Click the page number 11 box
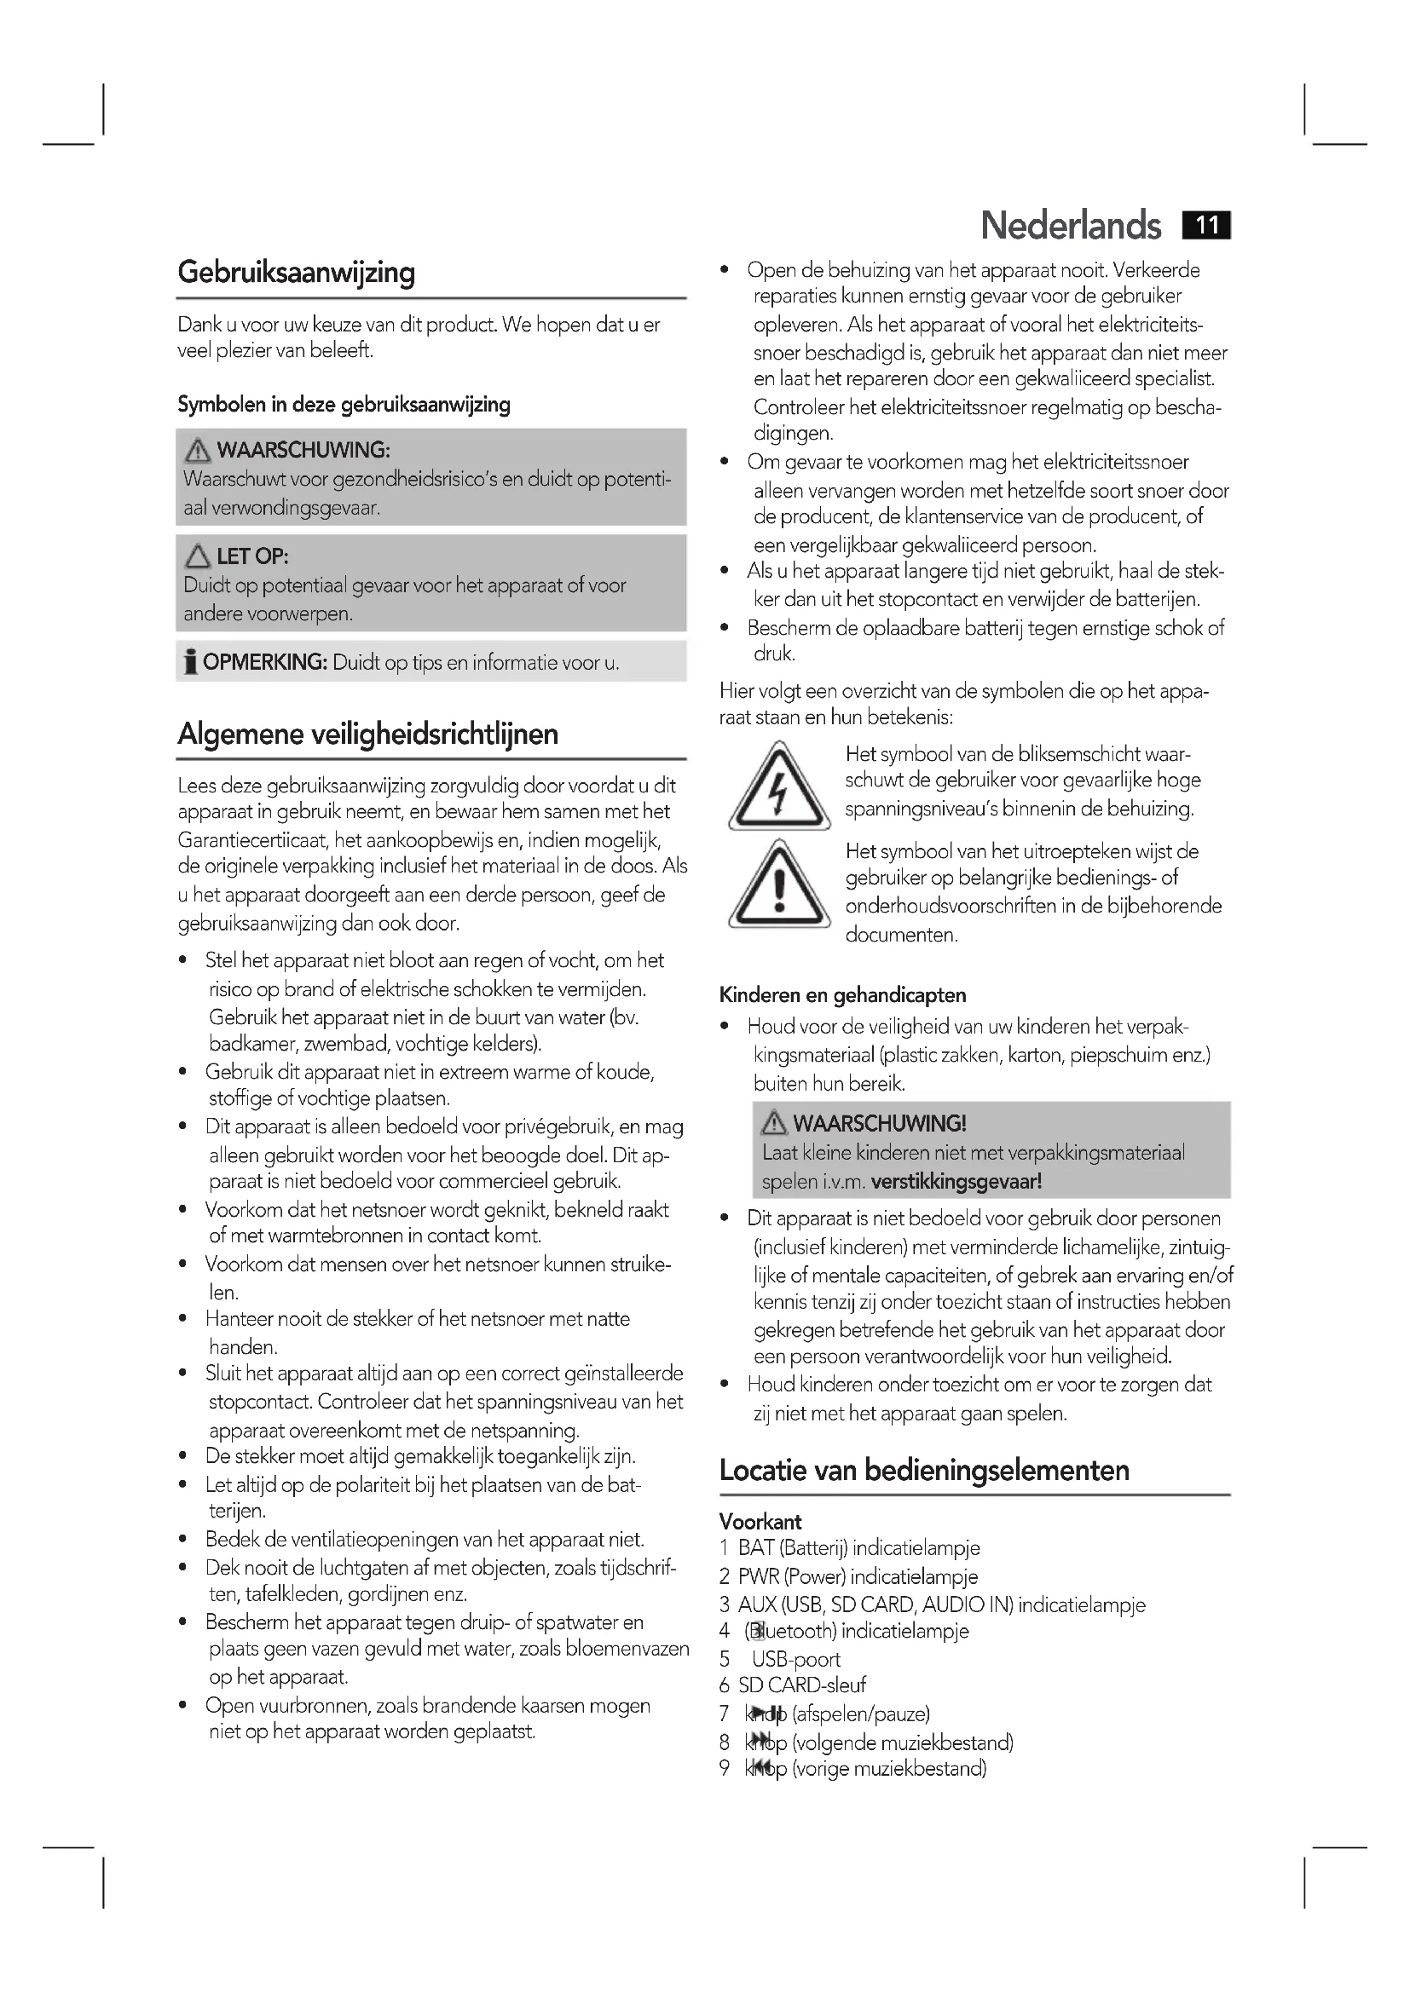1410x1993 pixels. [x=1206, y=226]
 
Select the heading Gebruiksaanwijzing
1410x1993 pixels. [x=296, y=273]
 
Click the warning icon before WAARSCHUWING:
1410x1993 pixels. [x=198, y=451]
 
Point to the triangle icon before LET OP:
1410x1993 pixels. [x=198, y=556]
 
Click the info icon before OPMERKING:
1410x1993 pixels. [x=190, y=662]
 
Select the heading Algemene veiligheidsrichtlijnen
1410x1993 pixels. [x=367, y=734]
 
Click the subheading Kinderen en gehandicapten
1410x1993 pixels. [x=842, y=995]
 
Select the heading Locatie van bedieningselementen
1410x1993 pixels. [x=924, y=1471]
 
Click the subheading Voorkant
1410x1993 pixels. [x=760, y=1522]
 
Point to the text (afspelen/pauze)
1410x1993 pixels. [x=860, y=1714]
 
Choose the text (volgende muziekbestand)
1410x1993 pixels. [x=902, y=1743]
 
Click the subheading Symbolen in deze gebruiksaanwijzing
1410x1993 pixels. [x=344, y=405]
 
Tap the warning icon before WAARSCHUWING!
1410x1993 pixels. [x=773, y=1124]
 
